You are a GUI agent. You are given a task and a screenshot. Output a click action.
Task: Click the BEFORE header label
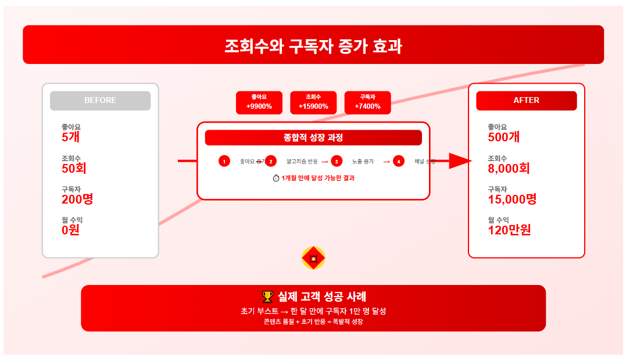[100, 100]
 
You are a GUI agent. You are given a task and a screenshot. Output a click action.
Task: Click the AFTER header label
[526, 100]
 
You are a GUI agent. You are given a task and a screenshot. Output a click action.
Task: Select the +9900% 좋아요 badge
[259, 102]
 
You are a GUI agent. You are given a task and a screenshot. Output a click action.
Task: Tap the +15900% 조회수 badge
[313, 102]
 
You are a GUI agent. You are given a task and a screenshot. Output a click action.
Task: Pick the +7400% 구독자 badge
[367, 102]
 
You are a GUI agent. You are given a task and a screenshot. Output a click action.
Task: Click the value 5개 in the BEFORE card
[70, 137]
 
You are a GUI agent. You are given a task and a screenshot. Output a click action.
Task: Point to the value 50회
[74, 169]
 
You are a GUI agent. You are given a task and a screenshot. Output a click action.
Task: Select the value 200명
[77, 199]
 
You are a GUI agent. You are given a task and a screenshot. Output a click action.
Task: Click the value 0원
[70, 230]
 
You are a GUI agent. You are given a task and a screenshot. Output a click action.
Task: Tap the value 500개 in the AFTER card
[504, 137]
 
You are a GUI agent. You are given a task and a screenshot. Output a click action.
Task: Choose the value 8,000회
[509, 169]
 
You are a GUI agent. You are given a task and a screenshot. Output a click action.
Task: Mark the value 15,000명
[512, 199]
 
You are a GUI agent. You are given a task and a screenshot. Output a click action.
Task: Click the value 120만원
[509, 230]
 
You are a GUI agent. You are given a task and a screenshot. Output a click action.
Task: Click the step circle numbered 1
[224, 161]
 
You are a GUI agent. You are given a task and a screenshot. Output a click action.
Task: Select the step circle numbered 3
[336, 161]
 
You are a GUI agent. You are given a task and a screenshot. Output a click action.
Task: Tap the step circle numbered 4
[398, 161]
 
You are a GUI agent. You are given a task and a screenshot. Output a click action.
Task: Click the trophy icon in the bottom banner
[267, 297]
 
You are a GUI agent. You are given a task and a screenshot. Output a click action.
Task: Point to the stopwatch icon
[276, 178]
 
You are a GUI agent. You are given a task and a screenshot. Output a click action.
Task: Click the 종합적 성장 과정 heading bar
[313, 138]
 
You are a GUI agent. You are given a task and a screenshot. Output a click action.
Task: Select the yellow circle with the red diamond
[313, 258]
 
